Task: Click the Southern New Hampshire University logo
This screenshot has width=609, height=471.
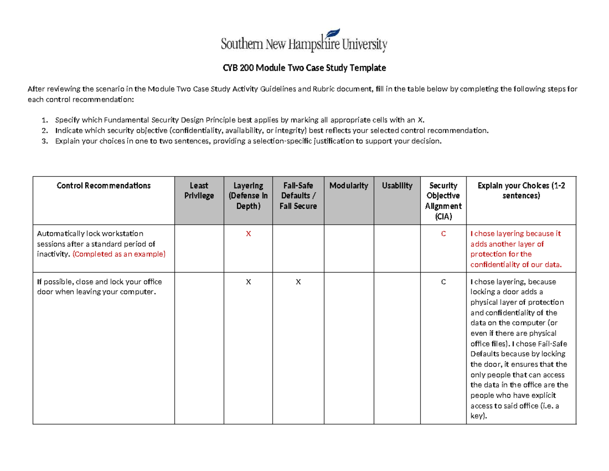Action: (304, 41)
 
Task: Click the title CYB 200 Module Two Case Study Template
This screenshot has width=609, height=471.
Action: (304, 68)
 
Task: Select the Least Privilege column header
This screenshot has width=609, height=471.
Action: (199, 191)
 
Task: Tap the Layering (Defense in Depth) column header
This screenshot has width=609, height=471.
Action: (248, 196)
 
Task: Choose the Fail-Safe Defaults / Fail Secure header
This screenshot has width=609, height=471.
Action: (298, 196)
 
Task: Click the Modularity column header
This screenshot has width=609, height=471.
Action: (348, 185)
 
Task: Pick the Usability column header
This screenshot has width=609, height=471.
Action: (397, 185)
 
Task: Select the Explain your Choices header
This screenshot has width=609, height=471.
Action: (521, 191)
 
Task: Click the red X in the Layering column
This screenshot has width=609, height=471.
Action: (248, 234)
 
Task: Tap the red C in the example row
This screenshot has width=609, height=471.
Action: (443, 234)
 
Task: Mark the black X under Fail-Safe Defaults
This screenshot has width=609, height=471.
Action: (298, 282)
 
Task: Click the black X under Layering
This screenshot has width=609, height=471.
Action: (248, 282)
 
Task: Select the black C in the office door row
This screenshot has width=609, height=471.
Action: (443, 282)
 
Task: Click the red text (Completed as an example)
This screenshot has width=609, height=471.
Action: (119, 254)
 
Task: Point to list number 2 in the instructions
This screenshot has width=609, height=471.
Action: (44, 131)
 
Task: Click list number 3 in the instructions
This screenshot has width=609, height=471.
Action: (44, 141)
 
